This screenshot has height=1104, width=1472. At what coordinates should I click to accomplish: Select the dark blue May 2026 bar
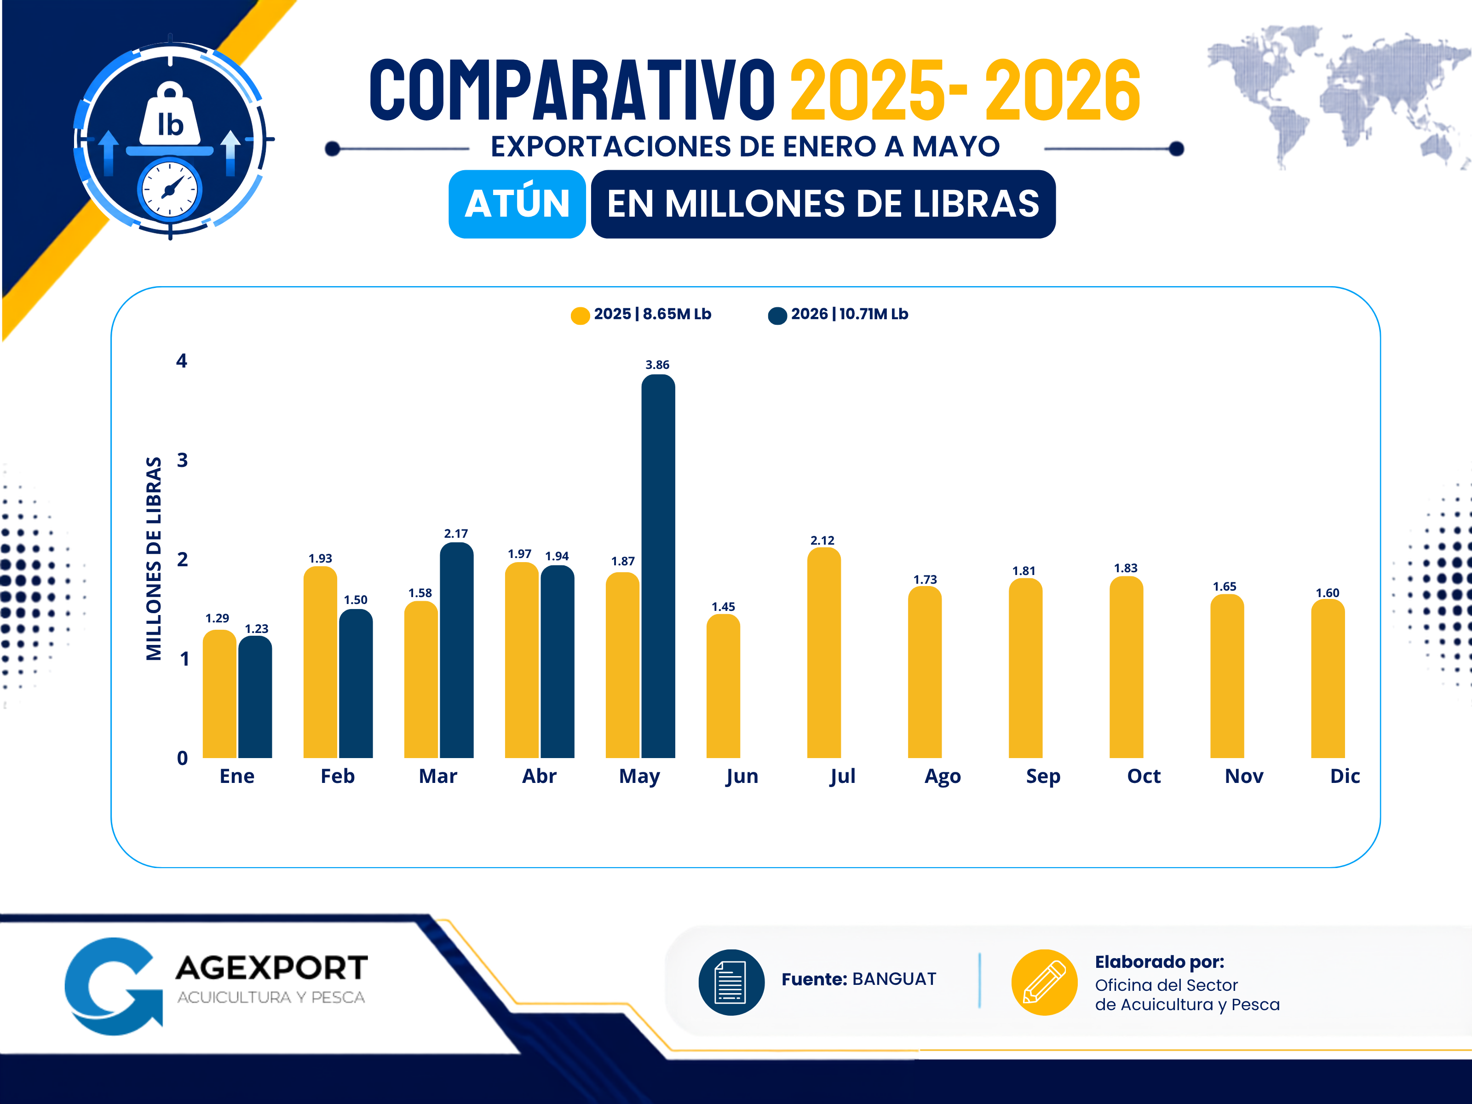[x=658, y=566]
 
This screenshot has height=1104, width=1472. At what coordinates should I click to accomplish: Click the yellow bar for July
[x=824, y=652]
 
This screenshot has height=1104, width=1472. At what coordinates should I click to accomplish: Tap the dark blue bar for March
[x=456, y=650]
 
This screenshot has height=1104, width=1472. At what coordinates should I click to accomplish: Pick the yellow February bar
[x=320, y=661]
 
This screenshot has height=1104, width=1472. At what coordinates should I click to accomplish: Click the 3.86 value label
[x=657, y=365]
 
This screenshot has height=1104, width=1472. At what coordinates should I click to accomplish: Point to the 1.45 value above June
[x=724, y=606]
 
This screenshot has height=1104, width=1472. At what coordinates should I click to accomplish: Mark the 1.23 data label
[x=256, y=628]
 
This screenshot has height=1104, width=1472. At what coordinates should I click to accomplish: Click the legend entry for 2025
[x=641, y=314]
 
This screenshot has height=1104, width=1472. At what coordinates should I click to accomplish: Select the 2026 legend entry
[x=838, y=314]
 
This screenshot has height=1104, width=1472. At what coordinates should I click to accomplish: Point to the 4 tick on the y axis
[x=182, y=361]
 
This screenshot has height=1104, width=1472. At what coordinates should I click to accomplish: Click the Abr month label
[x=539, y=776]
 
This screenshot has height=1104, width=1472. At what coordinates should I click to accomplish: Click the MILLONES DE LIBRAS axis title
[x=154, y=558]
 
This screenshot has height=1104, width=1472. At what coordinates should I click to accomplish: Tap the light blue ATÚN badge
[x=517, y=204]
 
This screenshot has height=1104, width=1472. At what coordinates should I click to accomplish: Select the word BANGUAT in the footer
[x=894, y=979]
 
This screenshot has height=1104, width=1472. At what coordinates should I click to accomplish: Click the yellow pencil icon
[x=1044, y=982]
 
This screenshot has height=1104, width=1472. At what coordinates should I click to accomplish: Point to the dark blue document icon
[x=731, y=982]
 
